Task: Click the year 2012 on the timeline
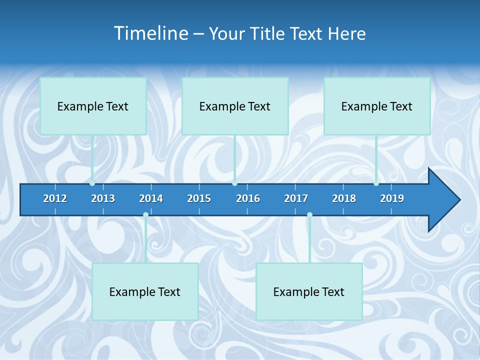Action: pos(55,198)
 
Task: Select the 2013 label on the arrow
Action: pos(103,198)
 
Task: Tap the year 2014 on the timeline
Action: pos(151,198)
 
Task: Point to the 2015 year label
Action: pos(199,198)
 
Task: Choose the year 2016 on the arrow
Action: pos(248,198)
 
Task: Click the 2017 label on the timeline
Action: pos(296,198)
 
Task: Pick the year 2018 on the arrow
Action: pos(344,198)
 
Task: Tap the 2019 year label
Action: pos(392,198)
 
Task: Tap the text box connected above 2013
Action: pos(93,106)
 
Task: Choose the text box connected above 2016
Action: pos(235,106)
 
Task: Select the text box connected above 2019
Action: pos(377,106)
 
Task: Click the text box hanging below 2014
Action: pos(145,291)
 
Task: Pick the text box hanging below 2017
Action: pos(309,291)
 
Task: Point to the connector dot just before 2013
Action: pos(92,183)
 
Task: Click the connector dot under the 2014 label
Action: pos(145,215)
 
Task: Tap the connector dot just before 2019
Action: pos(376,183)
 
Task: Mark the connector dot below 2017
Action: pos(309,215)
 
